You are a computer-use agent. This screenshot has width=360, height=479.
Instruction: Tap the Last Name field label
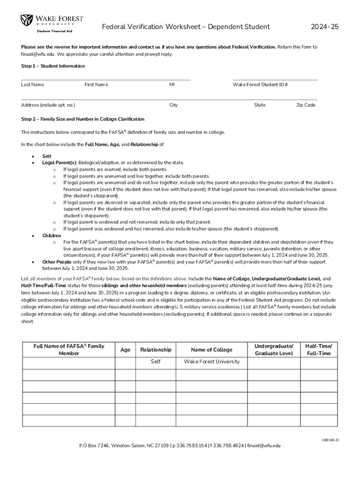coord(32,85)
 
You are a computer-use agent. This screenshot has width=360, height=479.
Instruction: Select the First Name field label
coord(96,85)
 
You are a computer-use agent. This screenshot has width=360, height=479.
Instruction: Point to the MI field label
coord(172,85)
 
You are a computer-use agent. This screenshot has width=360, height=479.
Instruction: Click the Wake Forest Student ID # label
coord(260,85)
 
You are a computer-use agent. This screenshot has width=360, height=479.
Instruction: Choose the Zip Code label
coord(306,105)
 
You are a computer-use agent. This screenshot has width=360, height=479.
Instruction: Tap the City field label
coord(173,105)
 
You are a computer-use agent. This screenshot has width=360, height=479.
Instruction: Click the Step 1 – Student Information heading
coord(53,66)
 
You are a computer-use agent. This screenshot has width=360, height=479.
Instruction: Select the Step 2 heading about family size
coord(83,119)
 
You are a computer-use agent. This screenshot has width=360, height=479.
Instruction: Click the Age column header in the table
coord(125,350)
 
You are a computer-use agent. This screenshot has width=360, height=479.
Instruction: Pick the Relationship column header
coord(156,350)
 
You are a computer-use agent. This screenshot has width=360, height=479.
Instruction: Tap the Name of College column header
coord(211,350)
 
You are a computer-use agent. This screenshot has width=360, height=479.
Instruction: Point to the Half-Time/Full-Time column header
coord(318,350)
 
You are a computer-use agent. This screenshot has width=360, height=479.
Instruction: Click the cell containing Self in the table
coord(156,362)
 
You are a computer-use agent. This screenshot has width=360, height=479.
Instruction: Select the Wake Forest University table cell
coord(211,362)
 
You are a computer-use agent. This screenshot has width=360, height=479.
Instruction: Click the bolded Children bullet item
coord(51,236)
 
